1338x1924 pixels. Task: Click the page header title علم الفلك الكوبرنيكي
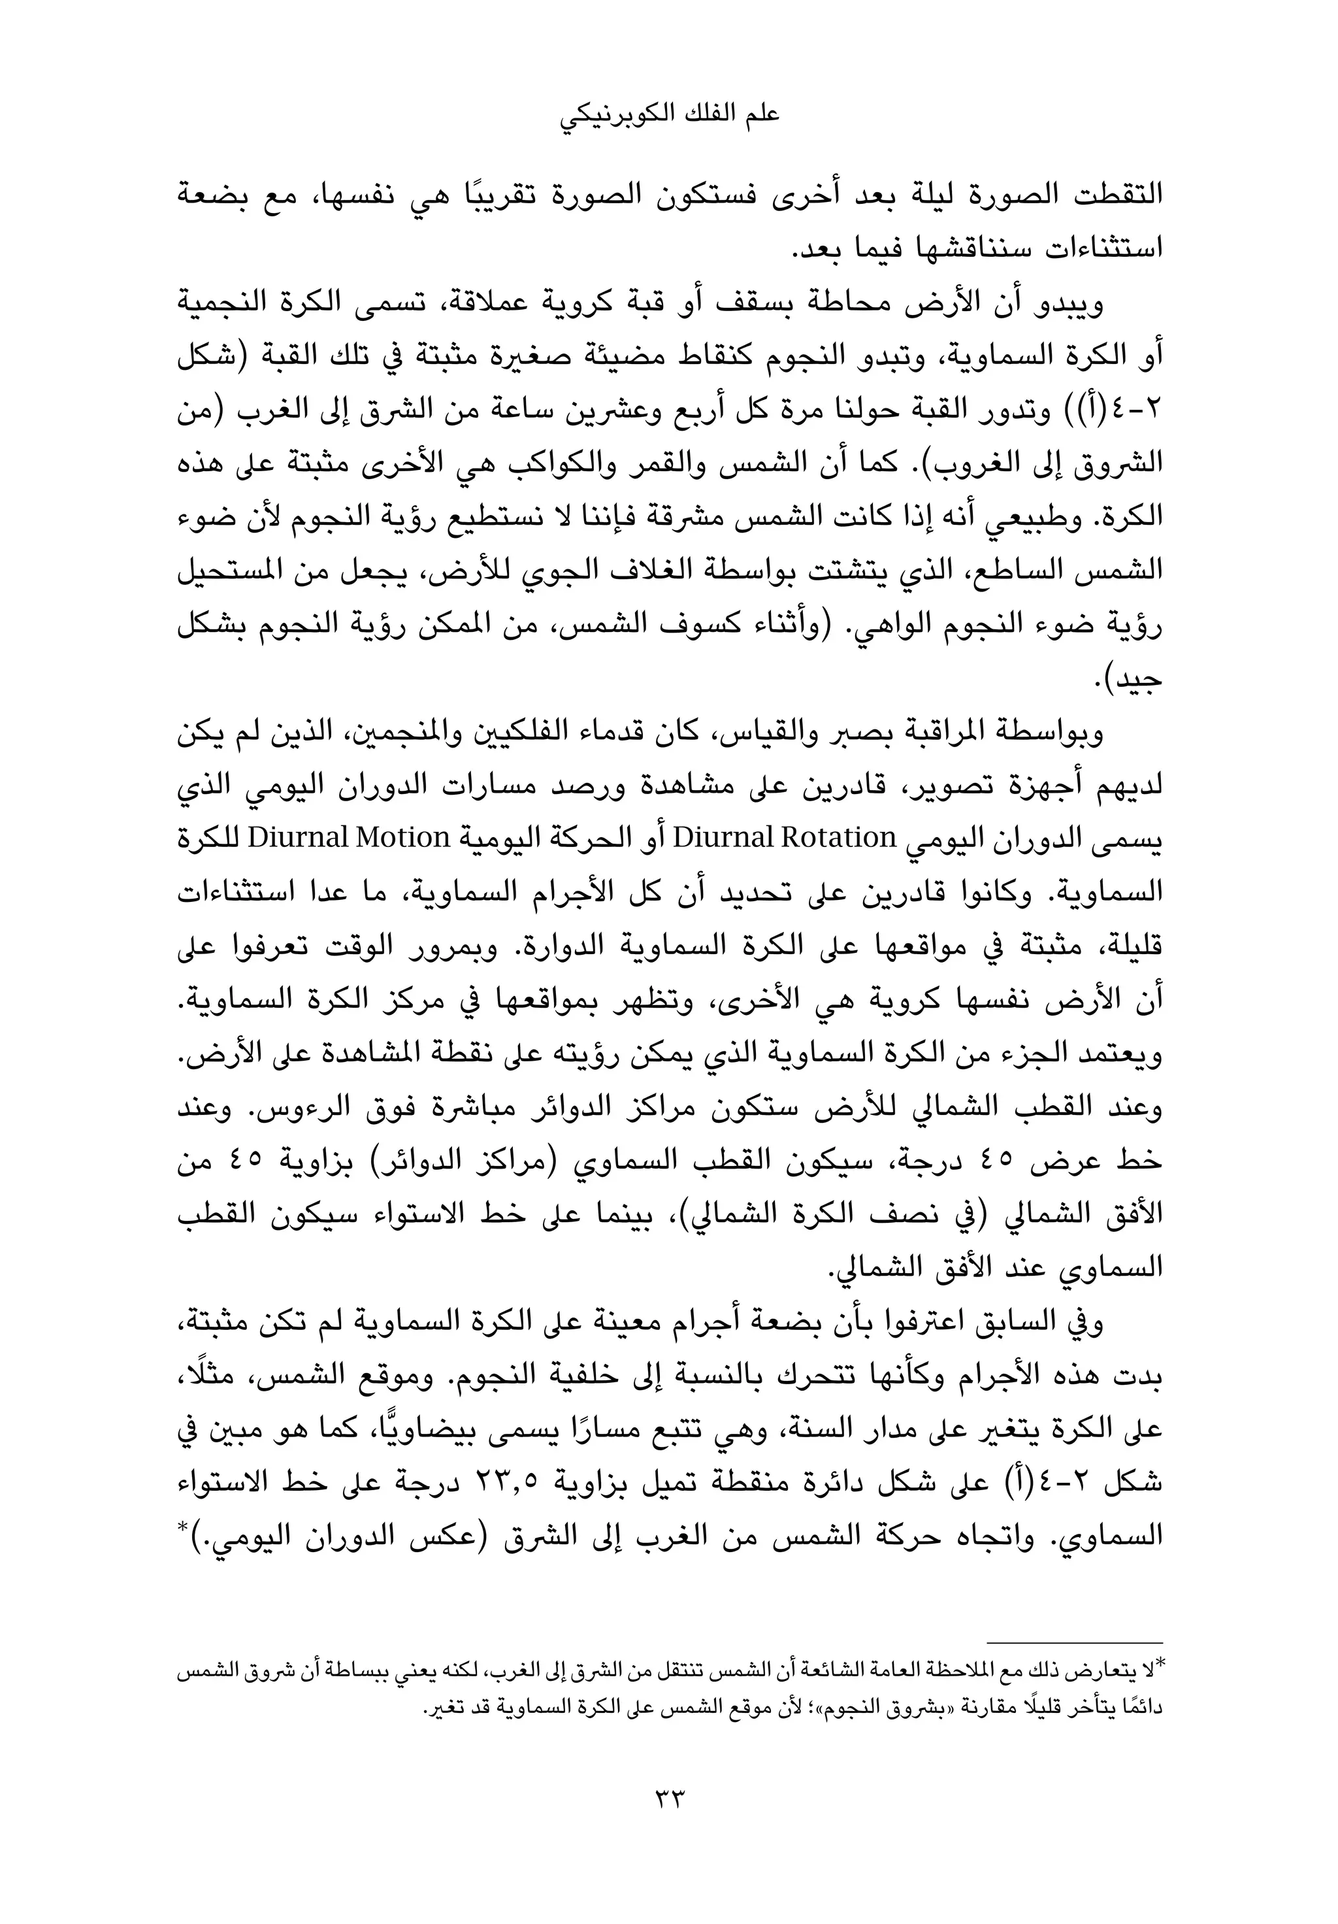tap(668, 116)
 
